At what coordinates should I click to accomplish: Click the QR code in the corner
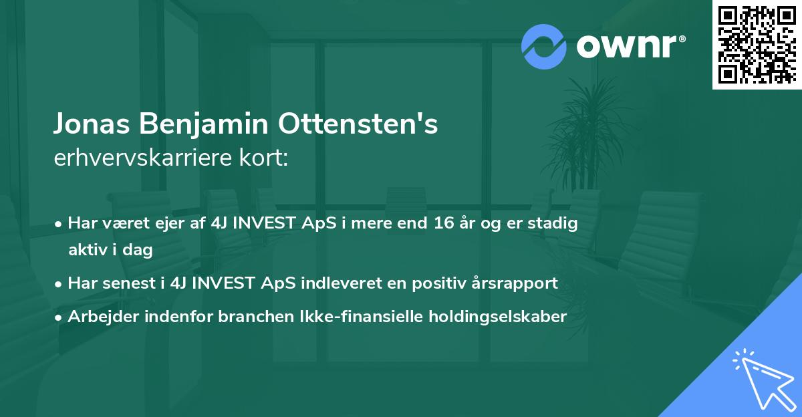click(757, 44)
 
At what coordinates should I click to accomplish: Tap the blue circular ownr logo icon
click(544, 46)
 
